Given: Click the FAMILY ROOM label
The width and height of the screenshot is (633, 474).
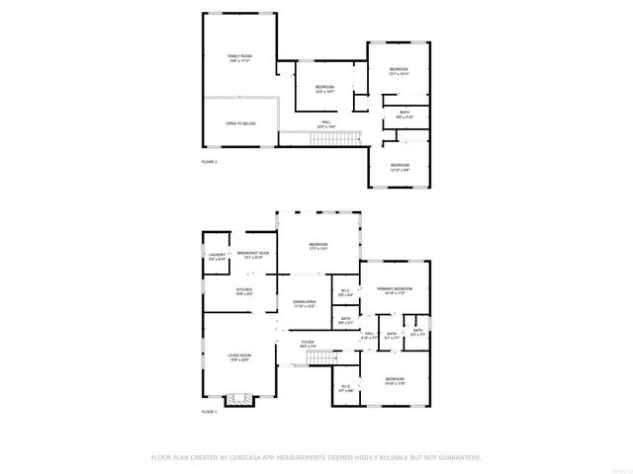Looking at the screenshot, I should point(240,58).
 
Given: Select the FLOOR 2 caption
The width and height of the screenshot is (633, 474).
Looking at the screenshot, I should point(209,161).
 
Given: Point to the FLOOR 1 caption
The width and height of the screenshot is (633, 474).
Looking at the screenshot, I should point(209,411).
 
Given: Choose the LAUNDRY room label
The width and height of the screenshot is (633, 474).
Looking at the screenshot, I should point(218,256).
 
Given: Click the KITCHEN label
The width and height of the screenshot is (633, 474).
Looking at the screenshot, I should point(244,290).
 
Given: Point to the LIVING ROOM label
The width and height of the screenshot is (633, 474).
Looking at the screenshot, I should point(239,356).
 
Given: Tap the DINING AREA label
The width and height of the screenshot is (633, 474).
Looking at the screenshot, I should point(304,303).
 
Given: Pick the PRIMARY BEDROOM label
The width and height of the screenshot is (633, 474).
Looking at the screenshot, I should point(394,290).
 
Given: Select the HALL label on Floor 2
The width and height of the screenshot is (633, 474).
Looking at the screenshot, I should point(325,124).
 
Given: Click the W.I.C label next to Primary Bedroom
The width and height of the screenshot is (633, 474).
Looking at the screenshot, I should point(345,291).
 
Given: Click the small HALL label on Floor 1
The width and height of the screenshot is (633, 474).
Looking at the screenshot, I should point(369,334).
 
